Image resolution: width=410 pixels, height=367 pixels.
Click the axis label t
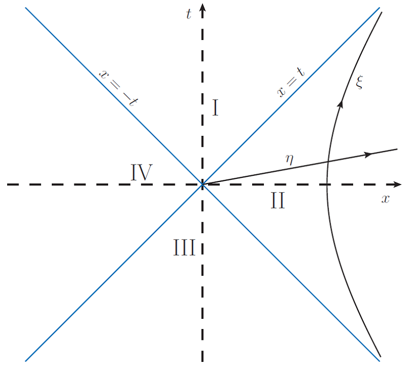pyautogui.click(x=189, y=14)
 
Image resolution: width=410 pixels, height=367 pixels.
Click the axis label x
pyautogui.click(x=385, y=199)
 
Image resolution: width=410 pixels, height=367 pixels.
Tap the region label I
pyautogui.click(x=216, y=108)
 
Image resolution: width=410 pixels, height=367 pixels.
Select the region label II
pyautogui.click(x=278, y=201)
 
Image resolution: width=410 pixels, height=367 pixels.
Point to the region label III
pyautogui.click(x=183, y=249)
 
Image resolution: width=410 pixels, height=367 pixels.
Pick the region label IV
pyautogui.click(x=141, y=173)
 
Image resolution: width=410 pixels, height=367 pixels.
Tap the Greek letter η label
pyautogui.click(x=290, y=158)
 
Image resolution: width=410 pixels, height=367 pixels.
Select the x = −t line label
pyautogui.click(x=117, y=87)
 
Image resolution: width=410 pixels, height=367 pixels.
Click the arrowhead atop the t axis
pyautogui.click(x=203, y=7)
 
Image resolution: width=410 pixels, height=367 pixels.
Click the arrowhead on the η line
pyautogui.click(x=367, y=154)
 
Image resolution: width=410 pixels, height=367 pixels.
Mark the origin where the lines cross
pyautogui.click(x=203, y=184)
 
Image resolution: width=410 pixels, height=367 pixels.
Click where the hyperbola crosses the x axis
pyautogui.click(x=327, y=184)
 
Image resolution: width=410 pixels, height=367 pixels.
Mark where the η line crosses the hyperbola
pyautogui.click(x=328, y=162)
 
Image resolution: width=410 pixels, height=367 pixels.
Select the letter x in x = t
pyautogui.click(x=281, y=92)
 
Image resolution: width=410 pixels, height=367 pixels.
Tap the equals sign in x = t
pyautogui.click(x=290, y=84)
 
